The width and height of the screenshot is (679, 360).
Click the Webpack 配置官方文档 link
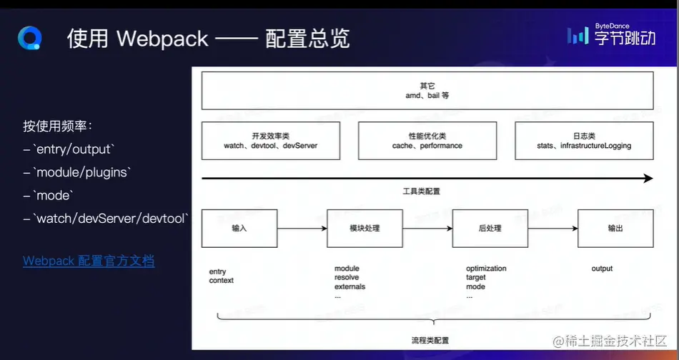click(89, 261)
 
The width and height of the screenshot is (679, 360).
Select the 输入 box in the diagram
click(239, 228)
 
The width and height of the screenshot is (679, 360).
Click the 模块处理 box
click(365, 228)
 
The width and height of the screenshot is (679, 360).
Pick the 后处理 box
click(490, 228)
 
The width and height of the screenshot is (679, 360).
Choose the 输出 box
click(615, 228)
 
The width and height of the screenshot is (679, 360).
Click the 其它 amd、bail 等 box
click(427, 90)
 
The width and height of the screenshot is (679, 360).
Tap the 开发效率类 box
click(270, 140)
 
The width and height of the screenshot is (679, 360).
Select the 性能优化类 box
click(427, 140)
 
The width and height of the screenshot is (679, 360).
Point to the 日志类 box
click(584, 140)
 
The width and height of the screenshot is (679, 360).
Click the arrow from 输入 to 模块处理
click(301, 229)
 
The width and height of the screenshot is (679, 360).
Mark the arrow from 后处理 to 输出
click(552, 229)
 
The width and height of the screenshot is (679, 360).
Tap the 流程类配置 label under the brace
click(430, 340)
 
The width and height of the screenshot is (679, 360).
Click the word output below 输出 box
click(602, 269)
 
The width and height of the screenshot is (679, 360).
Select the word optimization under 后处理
click(486, 269)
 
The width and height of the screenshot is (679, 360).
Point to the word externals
click(350, 286)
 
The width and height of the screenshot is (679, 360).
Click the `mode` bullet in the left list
click(54, 195)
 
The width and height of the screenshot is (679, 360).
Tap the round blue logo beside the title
click(31, 38)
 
